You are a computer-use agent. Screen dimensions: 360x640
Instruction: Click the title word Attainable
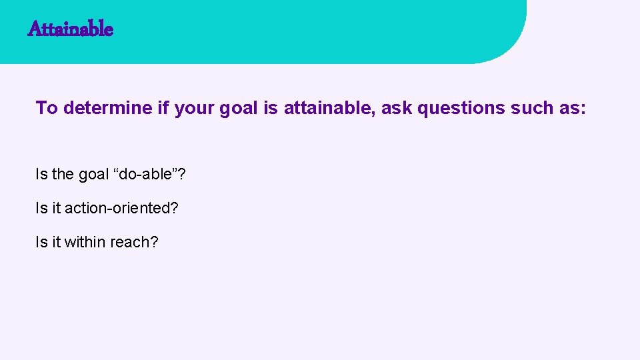click(x=71, y=29)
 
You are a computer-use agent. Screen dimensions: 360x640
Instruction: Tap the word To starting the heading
click(x=47, y=108)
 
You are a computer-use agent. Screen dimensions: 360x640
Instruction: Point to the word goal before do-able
click(x=93, y=175)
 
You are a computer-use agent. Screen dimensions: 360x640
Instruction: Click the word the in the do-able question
click(x=63, y=175)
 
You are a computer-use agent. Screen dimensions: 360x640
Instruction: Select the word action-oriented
click(x=117, y=208)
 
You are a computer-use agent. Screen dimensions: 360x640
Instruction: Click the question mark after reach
click(x=155, y=241)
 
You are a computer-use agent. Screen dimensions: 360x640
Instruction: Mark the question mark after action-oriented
click(x=175, y=208)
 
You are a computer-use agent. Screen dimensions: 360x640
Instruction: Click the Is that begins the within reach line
click(x=41, y=241)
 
